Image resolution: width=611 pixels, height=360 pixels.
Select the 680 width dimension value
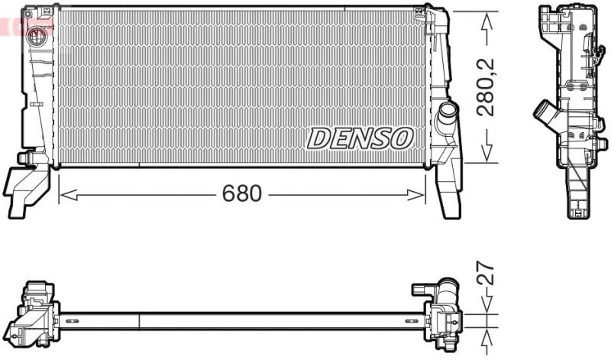241,194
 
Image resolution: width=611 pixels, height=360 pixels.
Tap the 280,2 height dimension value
486,87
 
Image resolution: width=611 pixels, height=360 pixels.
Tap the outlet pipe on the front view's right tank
446,118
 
